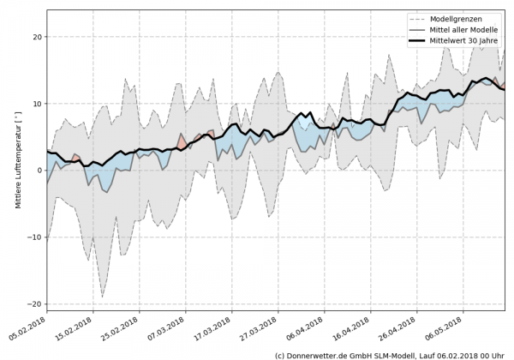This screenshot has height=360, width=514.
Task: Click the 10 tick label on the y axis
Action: pos(37,104)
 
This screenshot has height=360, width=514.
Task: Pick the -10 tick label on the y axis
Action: pos(35,237)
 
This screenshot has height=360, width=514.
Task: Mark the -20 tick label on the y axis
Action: pos(35,304)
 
